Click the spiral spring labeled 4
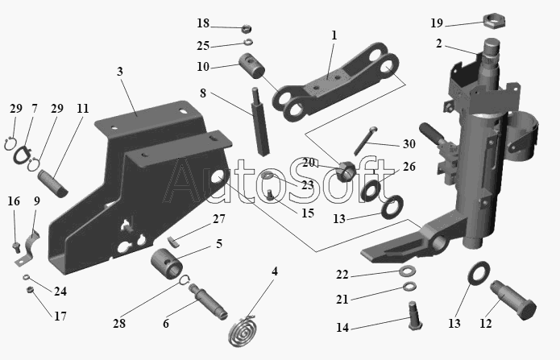click(244, 332)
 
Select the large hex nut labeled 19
click(494, 21)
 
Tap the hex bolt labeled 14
click(415, 316)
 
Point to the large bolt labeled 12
click(512, 300)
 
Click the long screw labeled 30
click(366, 141)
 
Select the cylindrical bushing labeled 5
click(167, 263)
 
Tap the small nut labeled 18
click(246, 28)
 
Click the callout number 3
click(120, 72)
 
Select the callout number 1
click(334, 35)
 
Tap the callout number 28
click(119, 323)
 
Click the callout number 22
click(342, 275)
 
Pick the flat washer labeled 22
click(407, 271)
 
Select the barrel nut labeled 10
click(251, 66)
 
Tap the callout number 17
click(60, 316)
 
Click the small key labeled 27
click(173, 242)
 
